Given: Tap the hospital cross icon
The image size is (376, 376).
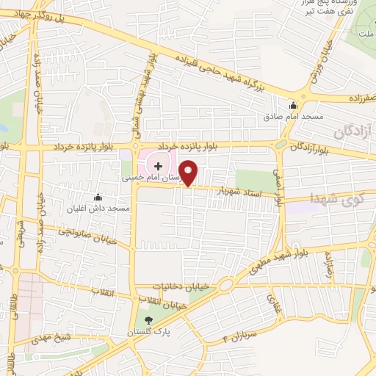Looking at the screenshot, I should pos(158,166).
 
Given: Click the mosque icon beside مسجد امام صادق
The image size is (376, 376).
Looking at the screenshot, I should pos(294,105).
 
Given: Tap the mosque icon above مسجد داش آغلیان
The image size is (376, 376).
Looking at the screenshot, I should pos(98,197).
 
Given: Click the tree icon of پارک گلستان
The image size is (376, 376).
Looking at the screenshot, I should pos(149,319).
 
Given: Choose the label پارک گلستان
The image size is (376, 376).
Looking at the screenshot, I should pos(156,331).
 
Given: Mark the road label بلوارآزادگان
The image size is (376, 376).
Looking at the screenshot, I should pos(317,150).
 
